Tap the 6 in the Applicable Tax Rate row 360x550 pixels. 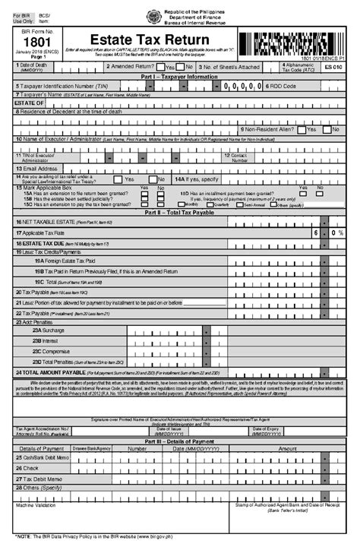tap(313, 233)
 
